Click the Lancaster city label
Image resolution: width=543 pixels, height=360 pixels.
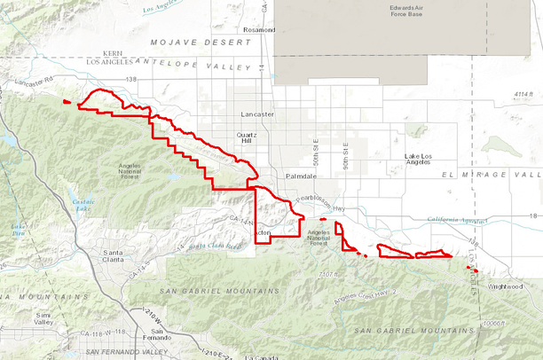257,115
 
